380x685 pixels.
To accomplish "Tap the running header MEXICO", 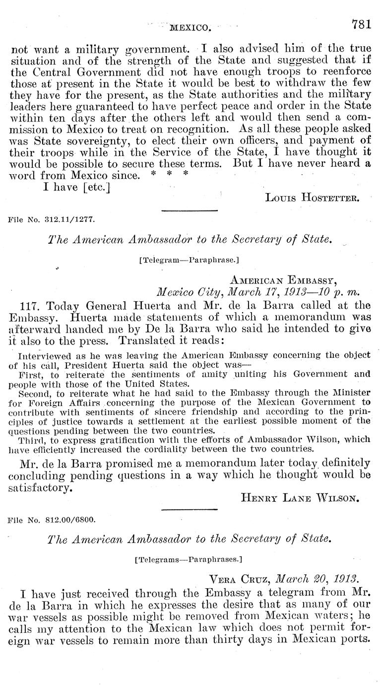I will click(x=191, y=28).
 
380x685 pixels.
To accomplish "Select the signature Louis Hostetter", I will click(x=312, y=198).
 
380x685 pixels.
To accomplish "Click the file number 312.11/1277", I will click(x=52, y=218).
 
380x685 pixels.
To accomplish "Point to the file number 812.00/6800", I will click(x=52, y=521).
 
